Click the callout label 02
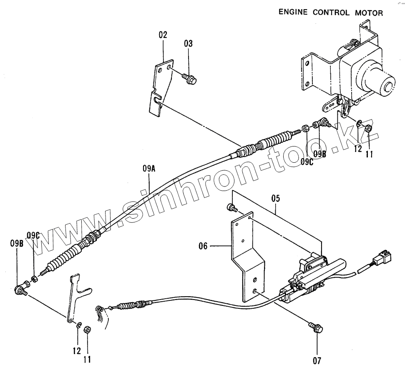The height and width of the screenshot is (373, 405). [163, 35]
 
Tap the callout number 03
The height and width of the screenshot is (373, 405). [189, 44]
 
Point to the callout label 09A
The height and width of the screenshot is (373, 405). [149, 169]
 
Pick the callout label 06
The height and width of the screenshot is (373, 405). [203, 247]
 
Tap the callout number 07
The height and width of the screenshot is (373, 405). [317, 359]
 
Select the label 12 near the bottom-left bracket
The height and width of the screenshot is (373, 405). [77, 351]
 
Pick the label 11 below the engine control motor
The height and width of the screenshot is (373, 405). [369, 154]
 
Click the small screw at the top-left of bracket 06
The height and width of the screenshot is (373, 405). [231, 207]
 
